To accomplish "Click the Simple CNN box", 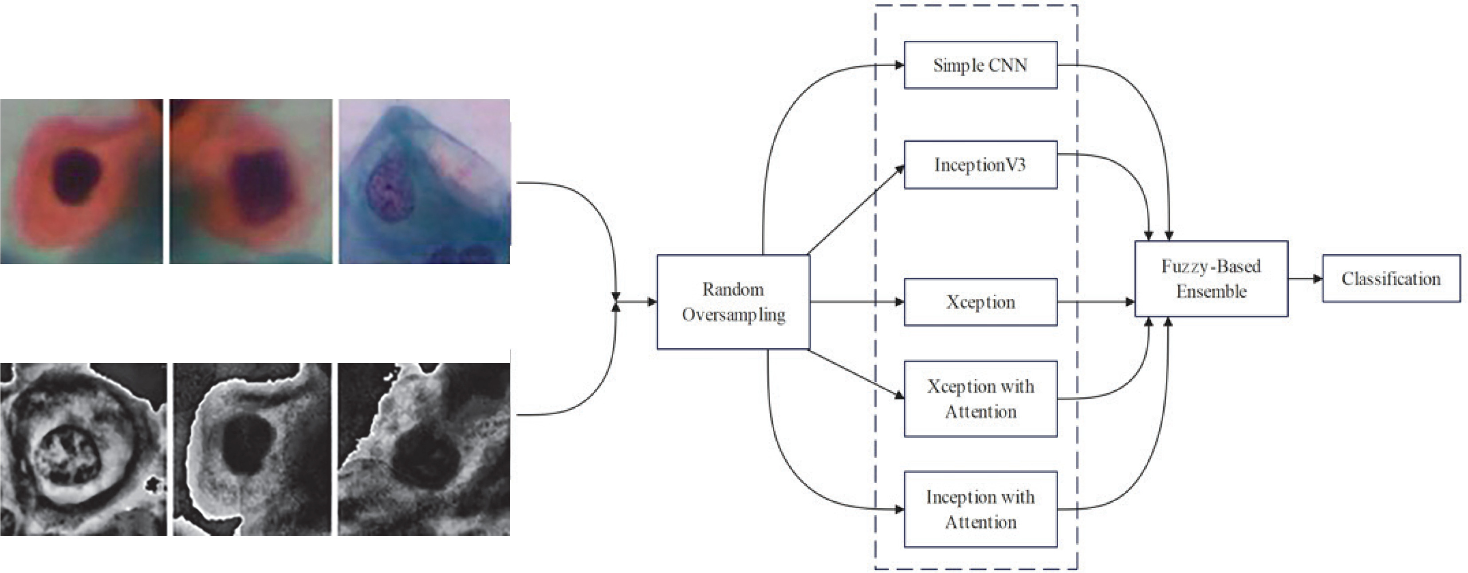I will [x=980, y=65].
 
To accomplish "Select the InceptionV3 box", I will [x=980, y=165].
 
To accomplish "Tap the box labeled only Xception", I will [x=980, y=302].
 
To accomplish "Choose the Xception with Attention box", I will [x=980, y=399].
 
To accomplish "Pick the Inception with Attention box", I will [x=980, y=509].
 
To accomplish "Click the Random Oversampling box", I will [x=733, y=302].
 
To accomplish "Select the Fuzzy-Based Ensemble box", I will [x=1211, y=279].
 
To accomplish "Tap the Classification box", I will [x=1391, y=279].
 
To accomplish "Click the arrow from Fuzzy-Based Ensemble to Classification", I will [x=1305, y=279].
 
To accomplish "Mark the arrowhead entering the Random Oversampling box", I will [x=651, y=302].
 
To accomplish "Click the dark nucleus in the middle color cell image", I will [x=259, y=182].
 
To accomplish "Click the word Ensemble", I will [x=1212, y=292].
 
